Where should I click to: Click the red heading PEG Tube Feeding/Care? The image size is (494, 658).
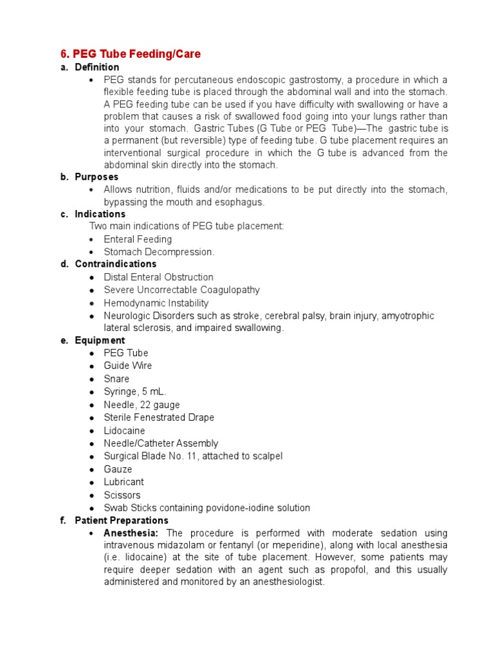(x=131, y=54)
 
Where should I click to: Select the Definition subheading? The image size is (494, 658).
(x=96, y=67)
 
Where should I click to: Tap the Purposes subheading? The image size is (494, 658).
(x=96, y=177)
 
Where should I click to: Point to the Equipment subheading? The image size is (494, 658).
(x=100, y=341)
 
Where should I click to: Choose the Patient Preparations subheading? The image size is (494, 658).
(x=122, y=520)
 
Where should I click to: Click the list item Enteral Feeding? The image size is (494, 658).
(x=138, y=240)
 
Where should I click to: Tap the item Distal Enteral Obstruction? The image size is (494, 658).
(x=158, y=278)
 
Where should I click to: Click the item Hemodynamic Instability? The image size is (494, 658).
(x=156, y=303)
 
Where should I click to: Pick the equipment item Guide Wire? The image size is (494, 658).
(x=127, y=366)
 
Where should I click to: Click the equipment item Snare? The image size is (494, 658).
(x=116, y=379)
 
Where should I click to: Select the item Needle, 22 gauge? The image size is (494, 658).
(x=142, y=405)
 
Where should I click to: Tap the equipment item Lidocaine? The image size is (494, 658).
(x=124, y=431)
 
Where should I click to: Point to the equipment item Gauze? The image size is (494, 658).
(x=118, y=469)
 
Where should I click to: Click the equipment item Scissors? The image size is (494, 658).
(x=122, y=495)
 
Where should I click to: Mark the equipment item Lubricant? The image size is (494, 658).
(x=123, y=482)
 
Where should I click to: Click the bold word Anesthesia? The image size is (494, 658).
(x=131, y=533)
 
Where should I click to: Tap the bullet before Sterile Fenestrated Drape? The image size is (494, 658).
(x=92, y=418)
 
